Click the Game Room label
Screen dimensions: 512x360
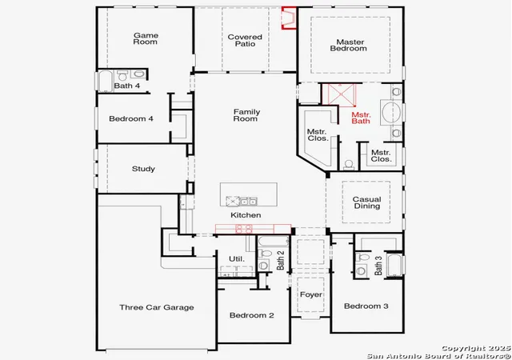click(146, 38)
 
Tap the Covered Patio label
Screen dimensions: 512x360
click(245, 40)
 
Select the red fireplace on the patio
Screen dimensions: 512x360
click(289, 18)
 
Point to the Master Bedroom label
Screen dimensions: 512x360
click(349, 45)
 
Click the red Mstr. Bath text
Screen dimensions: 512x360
click(361, 118)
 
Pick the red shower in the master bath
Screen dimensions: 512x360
click(341, 94)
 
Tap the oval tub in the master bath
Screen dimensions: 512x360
click(391, 112)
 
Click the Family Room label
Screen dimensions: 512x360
click(246, 115)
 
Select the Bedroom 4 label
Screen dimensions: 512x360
click(131, 118)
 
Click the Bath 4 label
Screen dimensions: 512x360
click(127, 86)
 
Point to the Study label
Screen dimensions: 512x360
click(143, 169)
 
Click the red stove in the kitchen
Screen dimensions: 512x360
click(244, 229)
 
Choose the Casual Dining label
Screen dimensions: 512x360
click(366, 202)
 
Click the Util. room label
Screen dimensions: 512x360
click(237, 259)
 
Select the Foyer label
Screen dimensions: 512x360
click(311, 294)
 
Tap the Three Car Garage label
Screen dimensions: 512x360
click(157, 307)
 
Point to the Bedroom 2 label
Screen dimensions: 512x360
click(252, 315)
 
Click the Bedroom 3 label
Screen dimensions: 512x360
click(366, 306)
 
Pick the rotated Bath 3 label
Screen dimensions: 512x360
click(378, 266)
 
